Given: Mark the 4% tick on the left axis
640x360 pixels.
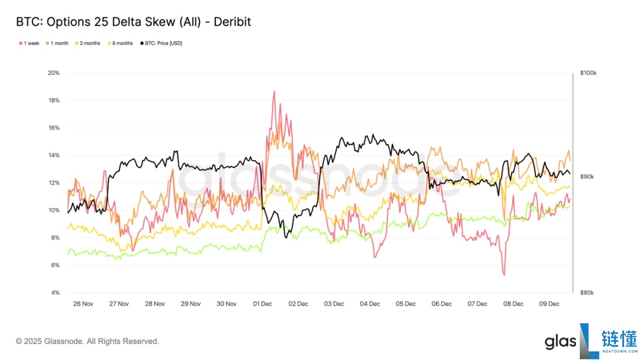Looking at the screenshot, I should [54, 293].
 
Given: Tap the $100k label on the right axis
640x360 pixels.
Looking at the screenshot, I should [588, 73].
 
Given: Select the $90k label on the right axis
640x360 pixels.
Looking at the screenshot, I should [587, 177].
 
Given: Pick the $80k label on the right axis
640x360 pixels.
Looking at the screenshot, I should [587, 293].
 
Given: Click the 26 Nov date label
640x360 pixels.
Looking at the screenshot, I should [83, 304].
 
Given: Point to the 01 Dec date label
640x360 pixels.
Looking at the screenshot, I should [262, 304].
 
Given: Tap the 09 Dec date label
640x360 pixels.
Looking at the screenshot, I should [549, 304].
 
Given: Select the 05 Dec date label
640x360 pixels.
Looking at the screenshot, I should [405, 304].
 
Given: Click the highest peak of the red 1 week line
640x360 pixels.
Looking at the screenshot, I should [274, 91].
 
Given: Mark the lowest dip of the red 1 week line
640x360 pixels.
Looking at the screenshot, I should [503, 275].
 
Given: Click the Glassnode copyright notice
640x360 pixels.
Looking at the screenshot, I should [87, 341].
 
